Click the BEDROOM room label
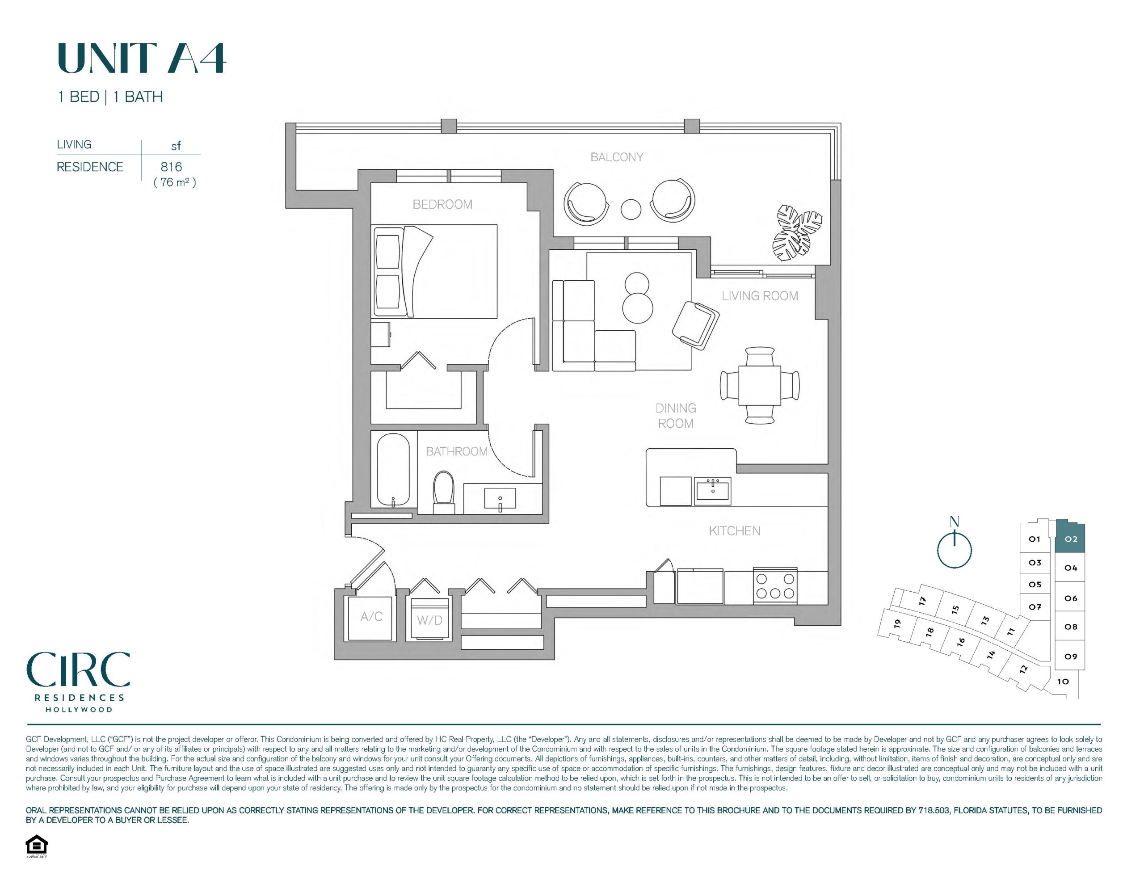point(442,204)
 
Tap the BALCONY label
point(617,157)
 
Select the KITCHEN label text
point(734,531)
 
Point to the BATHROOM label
point(456,451)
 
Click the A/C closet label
point(371,617)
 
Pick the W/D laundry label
point(429,620)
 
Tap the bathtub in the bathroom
point(393,470)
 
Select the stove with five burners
point(775,586)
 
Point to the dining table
point(760,385)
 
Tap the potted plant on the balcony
point(797,233)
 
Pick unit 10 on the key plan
point(1063,682)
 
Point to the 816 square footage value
point(171,167)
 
